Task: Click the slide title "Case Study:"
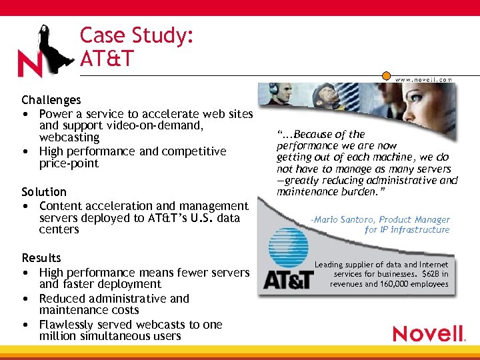(x=137, y=35)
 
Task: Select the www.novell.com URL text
(x=423, y=79)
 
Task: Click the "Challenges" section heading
(x=51, y=100)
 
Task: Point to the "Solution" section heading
(x=44, y=192)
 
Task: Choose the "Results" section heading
(x=41, y=258)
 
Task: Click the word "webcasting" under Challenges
(x=69, y=137)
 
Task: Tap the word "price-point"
(x=69, y=163)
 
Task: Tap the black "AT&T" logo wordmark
(x=288, y=279)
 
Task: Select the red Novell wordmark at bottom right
(x=427, y=333)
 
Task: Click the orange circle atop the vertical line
(x=387, y=77)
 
